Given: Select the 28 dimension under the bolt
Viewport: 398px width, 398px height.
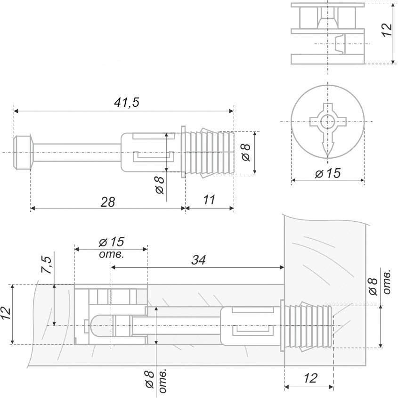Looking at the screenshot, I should pos(108,202).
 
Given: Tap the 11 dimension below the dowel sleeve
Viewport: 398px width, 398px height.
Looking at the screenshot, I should pos(210,200).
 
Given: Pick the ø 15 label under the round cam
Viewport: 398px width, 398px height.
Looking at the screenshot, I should pos(327,173).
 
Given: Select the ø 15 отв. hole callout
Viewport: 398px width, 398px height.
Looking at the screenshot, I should pos(111,247).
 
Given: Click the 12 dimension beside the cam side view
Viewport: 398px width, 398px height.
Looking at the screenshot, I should pos(386,29).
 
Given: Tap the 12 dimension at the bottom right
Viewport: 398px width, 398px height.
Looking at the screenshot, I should pos(310,378).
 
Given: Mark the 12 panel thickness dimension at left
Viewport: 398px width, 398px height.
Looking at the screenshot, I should pos(6,314).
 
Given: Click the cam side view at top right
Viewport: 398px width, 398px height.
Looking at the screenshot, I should pos(328,33).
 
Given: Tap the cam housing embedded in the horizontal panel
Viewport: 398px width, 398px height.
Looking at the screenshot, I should pos(111,314).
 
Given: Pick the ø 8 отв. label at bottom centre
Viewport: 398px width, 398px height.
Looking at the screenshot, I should pos(155,381).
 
